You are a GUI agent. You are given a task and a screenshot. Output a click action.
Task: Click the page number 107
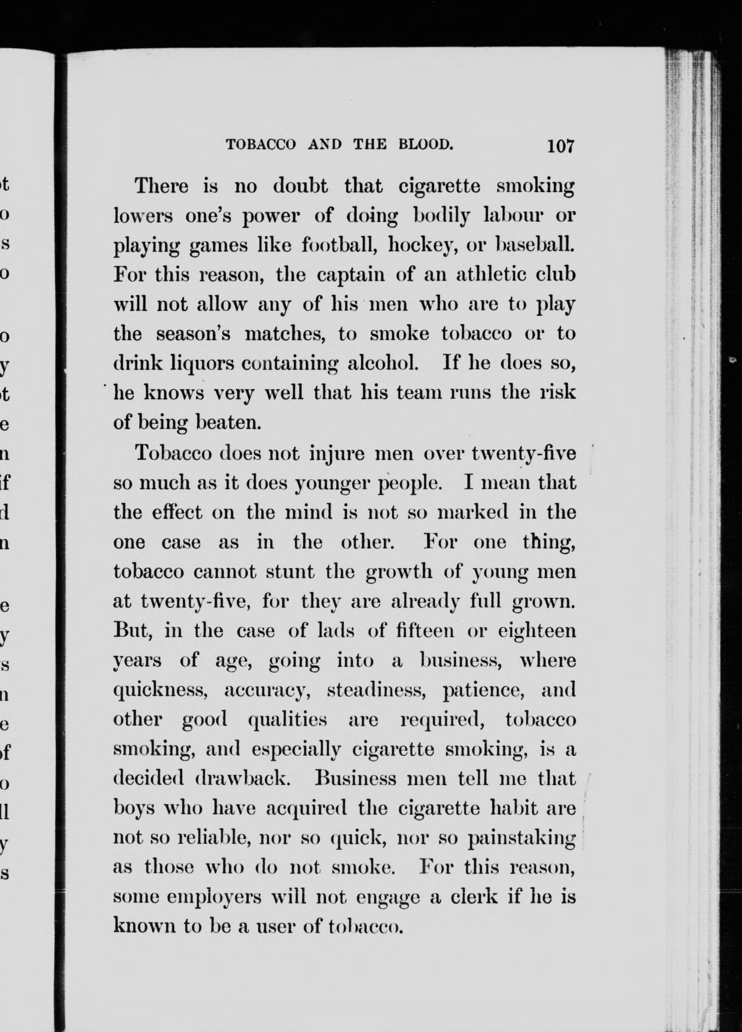point(562,146)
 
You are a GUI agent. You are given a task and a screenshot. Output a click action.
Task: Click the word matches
point(285,334)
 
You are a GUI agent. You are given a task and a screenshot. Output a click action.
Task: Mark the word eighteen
point(537,632)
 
